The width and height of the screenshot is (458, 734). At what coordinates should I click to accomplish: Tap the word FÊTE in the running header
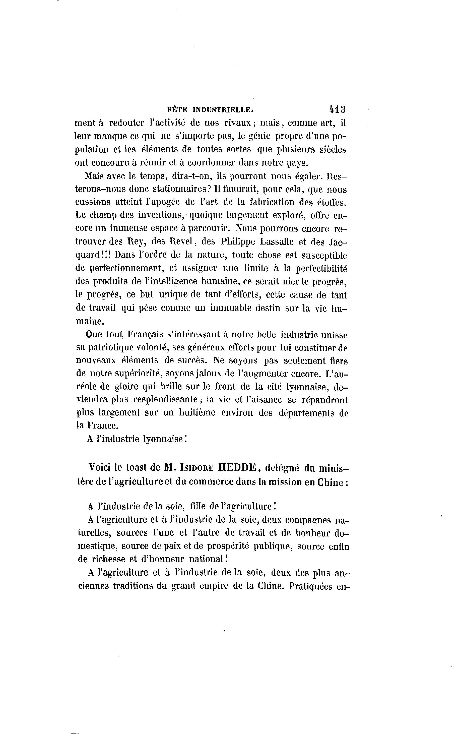177,110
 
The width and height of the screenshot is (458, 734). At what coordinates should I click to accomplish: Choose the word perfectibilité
321,268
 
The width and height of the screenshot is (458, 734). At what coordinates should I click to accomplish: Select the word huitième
197,413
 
